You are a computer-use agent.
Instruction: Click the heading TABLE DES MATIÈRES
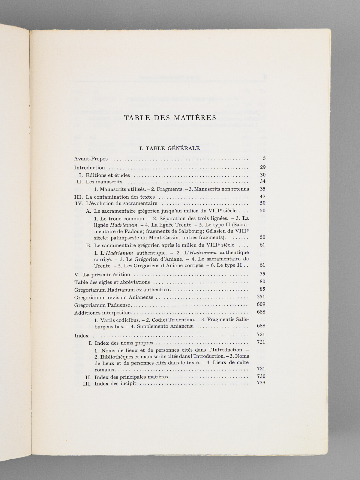pyautogui.click(x=170, y=118)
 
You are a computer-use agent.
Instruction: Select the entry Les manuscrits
pyautogui.click(x=104, y=182)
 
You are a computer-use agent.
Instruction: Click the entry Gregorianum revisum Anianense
pyautogui.click(x=114, y=297)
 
